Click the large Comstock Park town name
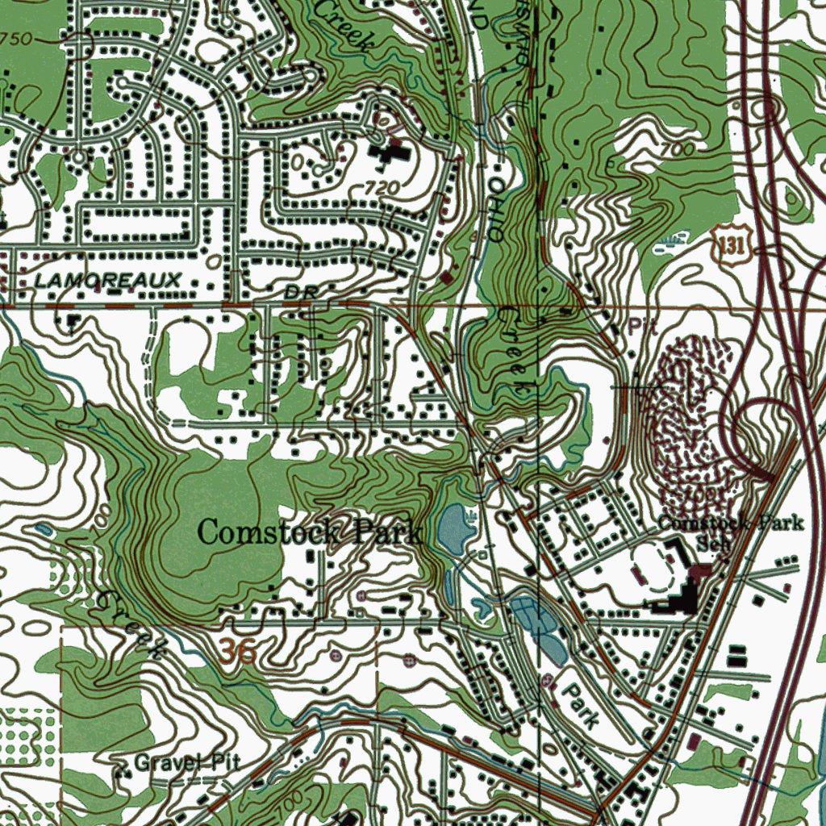(309, 533)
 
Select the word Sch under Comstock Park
(711, 543)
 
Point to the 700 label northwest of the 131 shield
(675, 149)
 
